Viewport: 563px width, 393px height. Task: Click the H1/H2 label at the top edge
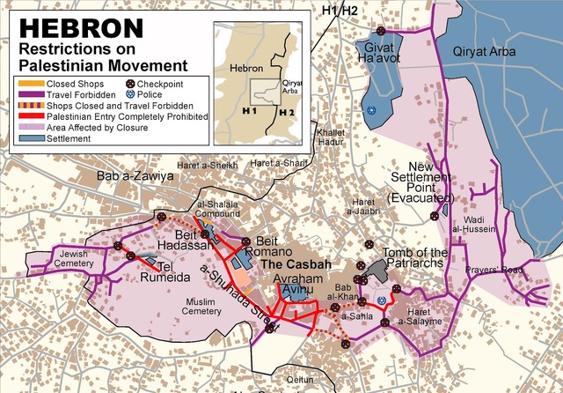click(x=342, y=11)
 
